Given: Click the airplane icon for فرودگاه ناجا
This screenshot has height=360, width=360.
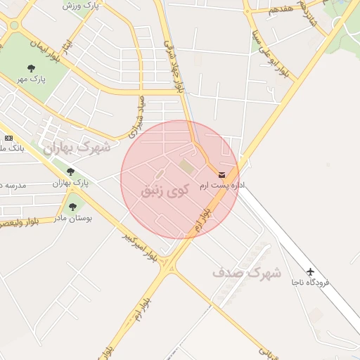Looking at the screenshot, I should coord(311,271).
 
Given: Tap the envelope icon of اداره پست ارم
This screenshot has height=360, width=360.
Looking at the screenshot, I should coord(222,174).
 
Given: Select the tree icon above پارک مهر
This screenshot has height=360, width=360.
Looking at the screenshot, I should coord(32,68).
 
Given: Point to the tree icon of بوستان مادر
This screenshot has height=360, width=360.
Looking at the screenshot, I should coord(72,207).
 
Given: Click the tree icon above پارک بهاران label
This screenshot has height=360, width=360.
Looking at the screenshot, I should coord(70,172).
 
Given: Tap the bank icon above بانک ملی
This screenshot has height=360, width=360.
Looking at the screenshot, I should coord(8,138).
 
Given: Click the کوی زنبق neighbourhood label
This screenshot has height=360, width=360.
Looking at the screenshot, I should coord(166,190).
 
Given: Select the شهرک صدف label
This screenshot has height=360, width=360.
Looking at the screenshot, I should coord(246,271).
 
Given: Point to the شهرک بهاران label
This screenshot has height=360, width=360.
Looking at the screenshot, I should coord(77,148).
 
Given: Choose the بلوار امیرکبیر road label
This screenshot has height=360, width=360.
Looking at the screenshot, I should coord(140,247).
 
